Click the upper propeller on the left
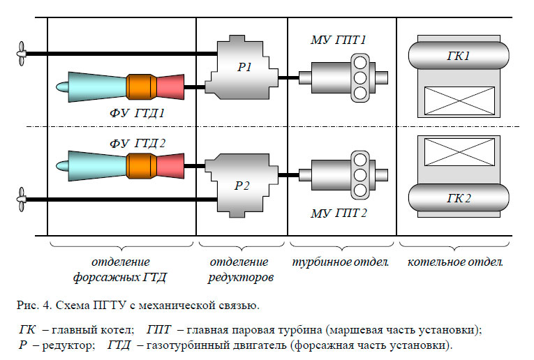point(22,52)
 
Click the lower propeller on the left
point(22,200)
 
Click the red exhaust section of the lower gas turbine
point(170,167)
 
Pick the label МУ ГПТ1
point(339,41)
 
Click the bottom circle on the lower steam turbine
point(360,190)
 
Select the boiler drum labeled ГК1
point(459,54)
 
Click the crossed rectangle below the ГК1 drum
point(459,100)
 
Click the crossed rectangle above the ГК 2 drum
point(459,153)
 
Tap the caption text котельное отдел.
point(454,262)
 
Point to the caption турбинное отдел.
point(341,262)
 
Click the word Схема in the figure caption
point(67,305)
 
